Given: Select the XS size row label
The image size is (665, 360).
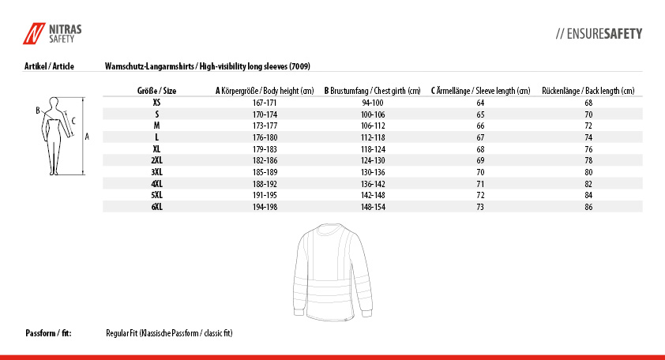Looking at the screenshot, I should (x=156, y=103).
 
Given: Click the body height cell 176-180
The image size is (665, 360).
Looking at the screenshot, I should (x=264, y=137).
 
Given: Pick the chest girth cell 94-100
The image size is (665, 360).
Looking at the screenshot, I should (x=372, y=103).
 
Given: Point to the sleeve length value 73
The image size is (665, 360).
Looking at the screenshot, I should (x=480, y=207).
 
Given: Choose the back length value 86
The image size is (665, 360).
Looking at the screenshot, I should (x=588, y=207).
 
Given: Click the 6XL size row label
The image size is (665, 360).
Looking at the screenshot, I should (x=156, y=207).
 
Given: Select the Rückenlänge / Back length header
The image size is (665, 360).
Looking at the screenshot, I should (x=588, y=91).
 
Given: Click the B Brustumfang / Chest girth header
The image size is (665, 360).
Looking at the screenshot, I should (x=372, y=91).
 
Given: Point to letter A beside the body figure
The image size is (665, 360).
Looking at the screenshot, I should (x=87, y=136).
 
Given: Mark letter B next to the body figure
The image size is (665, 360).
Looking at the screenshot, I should (x=38, y=111).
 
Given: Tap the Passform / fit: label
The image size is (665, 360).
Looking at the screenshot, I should (x=48, y=333).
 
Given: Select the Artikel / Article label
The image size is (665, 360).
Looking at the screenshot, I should (x=49, y=66).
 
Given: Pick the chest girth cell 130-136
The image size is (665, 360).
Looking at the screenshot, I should (x=372, y=172).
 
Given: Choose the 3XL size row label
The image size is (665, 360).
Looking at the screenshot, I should (x=156, y=172).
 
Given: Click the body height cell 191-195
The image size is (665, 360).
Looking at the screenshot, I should (x=264, y=195).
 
